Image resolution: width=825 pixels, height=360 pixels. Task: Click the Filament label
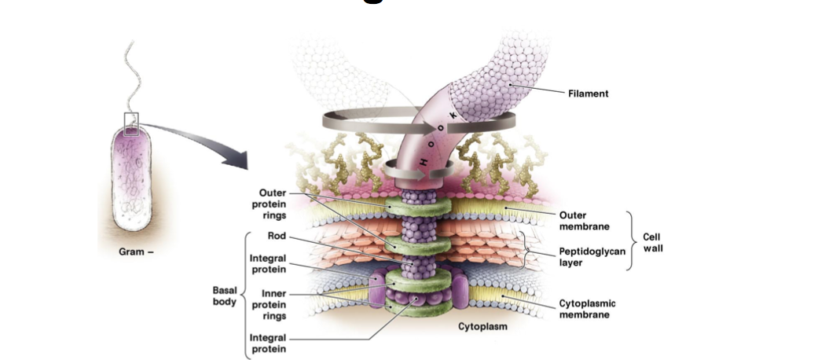pyautogui.click(x=588, y=94)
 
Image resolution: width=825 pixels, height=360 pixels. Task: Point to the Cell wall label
pyautogui.click(x=651, y=242)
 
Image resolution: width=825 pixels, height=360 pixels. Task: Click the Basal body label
pyautogui.click(x=225, y=296)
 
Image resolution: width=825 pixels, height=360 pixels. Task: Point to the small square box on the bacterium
pyautogui.click(x=131, y=124)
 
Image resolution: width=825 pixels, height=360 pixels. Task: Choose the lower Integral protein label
pyautogui.click(x=267, y=343)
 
